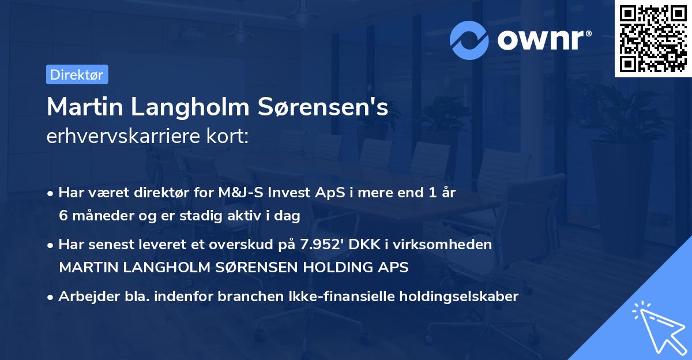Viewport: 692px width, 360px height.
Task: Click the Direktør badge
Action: pos(77,74)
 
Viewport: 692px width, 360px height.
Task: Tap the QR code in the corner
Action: pos(652,39)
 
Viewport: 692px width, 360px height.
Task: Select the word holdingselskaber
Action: pos(453,297)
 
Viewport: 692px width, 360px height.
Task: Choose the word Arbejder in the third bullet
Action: pos(82,297)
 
